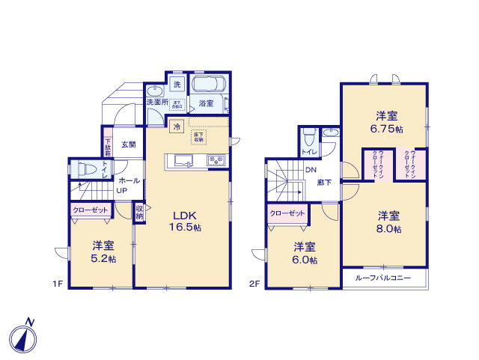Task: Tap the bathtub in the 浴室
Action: [210, 85]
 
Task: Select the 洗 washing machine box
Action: [177, 83]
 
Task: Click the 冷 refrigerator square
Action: [177, 126]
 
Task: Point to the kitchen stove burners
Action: [216, 159]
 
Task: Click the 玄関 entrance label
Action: [129, 144]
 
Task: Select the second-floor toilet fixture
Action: [308, 139]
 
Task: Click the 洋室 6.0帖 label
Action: [304, 253]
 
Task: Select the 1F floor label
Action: [57, 284]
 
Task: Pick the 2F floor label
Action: [255, 284]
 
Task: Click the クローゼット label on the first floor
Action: [91, 211]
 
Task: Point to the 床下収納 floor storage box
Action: [199, 137]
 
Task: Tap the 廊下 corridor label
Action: [323, 182]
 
